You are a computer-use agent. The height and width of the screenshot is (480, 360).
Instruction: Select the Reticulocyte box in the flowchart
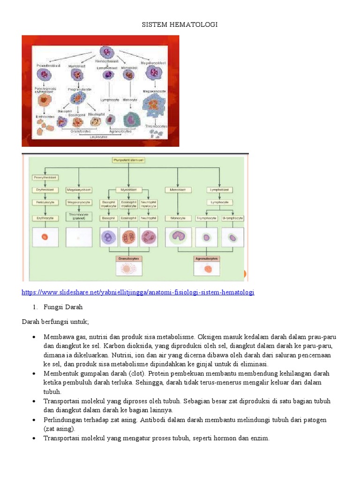[45, 202]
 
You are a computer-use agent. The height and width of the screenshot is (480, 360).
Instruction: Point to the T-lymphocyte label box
[206, 218]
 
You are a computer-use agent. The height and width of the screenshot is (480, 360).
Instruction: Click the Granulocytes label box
[128, 258]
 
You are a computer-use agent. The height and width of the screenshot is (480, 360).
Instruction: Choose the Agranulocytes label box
[207, 258]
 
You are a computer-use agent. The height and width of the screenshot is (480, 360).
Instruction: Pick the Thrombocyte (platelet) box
[79, 217]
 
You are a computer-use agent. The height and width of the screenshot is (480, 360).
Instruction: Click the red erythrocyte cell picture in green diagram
[45, 237]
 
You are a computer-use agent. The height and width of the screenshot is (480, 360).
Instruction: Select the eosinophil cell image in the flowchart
[128, 237]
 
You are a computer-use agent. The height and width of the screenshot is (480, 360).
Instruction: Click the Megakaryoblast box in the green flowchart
[79, 189]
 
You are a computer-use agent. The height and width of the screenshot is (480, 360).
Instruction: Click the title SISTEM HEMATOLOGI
[180, 24]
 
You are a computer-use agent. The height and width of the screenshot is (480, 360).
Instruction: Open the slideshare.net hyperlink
[138, 292]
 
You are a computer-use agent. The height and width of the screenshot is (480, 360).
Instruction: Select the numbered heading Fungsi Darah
[63, 307]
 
